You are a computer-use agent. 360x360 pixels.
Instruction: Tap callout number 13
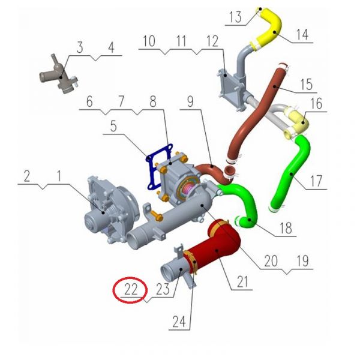click(236, 17)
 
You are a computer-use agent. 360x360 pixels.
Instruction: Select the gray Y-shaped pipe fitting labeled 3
click(60, 76)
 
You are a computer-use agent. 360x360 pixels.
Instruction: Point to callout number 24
click(179, 322)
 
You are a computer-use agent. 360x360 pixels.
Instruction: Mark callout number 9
click(190, 101)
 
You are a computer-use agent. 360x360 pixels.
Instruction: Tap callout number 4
click(111, 48)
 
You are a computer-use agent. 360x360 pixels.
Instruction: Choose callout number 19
click(302, 260)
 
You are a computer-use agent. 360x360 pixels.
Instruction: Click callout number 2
click(27, 176)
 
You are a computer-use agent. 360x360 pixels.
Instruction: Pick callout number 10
click(149, 41)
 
